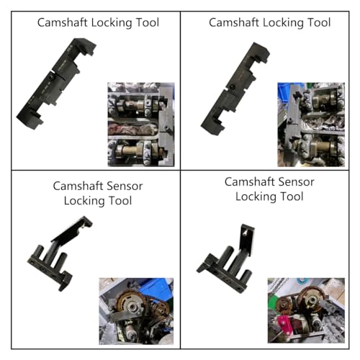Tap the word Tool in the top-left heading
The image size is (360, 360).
[x=146, y=22]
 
